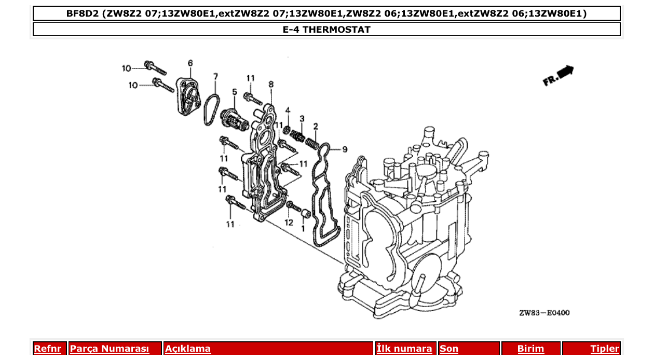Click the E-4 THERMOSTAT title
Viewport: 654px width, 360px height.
[326, 30]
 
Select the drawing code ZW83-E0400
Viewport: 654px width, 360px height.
[544, 313]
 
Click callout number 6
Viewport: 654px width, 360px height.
[190, 63]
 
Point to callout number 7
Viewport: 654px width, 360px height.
[215, 76]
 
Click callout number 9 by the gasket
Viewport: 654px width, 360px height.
[344, 150]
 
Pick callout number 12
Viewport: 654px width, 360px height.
[289, 223]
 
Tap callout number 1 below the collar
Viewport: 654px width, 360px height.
[303, 228]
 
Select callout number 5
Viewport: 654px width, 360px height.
[234, 92]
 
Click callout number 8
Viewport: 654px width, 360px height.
[271, 84]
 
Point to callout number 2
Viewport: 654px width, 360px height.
[315, 126]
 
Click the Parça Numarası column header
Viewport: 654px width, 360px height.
[110, 349]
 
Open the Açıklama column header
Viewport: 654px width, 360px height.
[188, 349]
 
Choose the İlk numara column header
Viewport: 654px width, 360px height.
[404, 349]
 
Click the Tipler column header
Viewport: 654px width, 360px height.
[604, 349]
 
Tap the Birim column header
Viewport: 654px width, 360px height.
[530, 349]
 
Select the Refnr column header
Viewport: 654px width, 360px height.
[47, 349]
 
